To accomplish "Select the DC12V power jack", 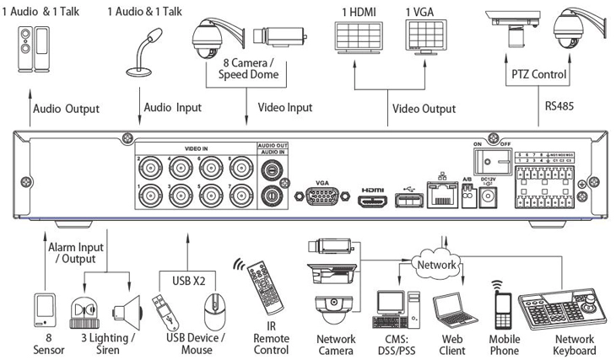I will click(x=487, y=198).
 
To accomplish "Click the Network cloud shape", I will click(x=435, y=264).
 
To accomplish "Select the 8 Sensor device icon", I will click(x=46, y=309).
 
